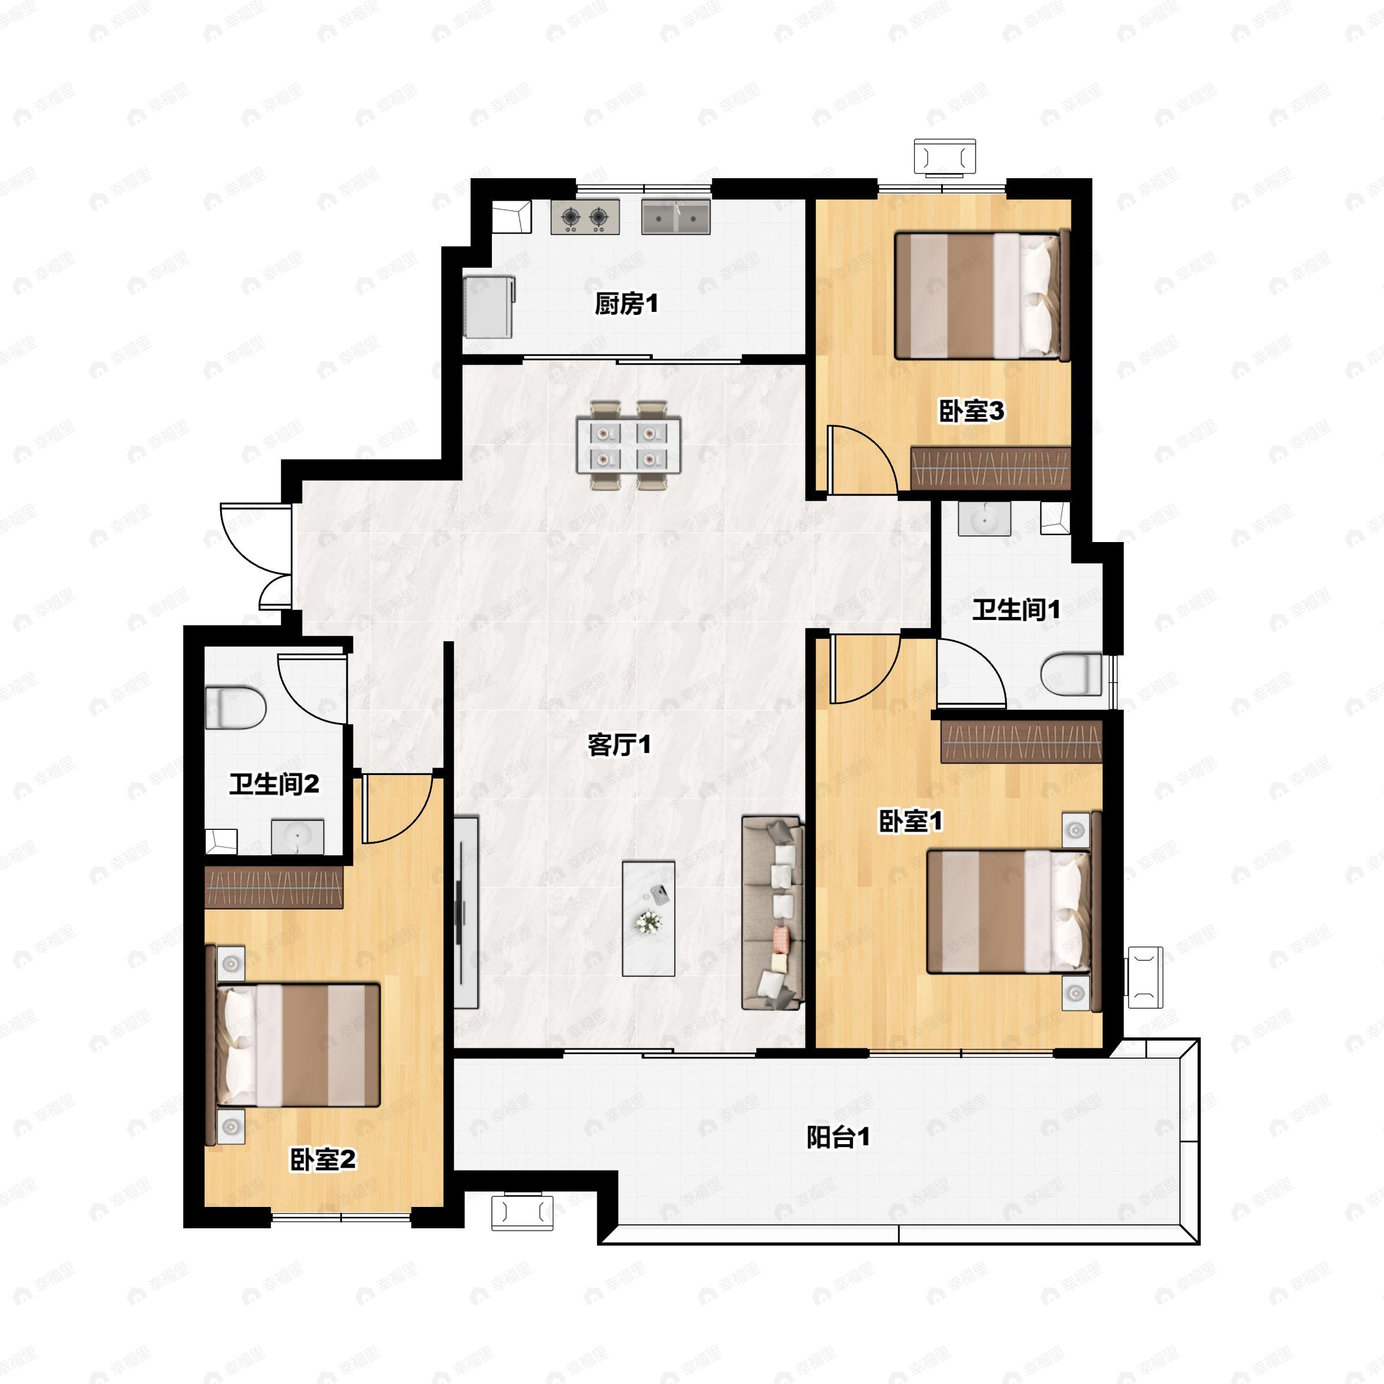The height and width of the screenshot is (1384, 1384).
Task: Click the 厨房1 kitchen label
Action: (626, 304)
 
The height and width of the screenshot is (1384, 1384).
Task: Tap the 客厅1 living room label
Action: (619, 745)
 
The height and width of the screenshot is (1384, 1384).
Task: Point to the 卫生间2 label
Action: (274, 784)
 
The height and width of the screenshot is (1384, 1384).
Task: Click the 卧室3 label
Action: (971, 411)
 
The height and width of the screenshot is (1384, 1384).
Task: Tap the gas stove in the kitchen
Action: (585, 216)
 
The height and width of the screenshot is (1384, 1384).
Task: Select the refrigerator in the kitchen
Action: (488, 307)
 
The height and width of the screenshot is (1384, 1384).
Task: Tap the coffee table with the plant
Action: (648, 919)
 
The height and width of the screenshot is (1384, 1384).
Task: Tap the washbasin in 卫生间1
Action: (984, 518)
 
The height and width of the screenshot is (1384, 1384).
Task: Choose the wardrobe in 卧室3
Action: (991, 468)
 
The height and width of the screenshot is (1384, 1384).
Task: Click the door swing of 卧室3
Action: (862, 459)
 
